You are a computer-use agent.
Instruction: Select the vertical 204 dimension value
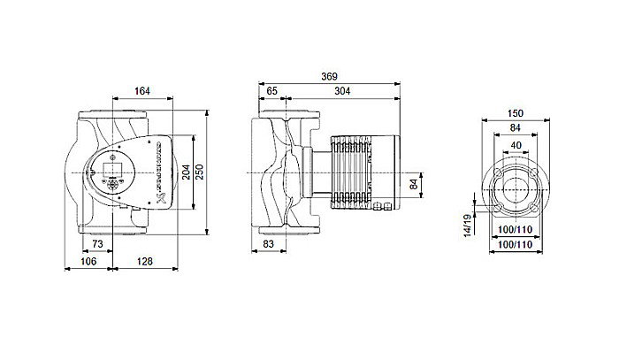point(186,172)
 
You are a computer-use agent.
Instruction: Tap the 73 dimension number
point(97,242)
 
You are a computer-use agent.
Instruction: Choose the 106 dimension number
point(90,261)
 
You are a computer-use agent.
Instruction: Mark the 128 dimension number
point(146,261)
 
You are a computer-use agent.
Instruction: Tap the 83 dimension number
point(271,242)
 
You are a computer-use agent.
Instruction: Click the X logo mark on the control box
point(160,196)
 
